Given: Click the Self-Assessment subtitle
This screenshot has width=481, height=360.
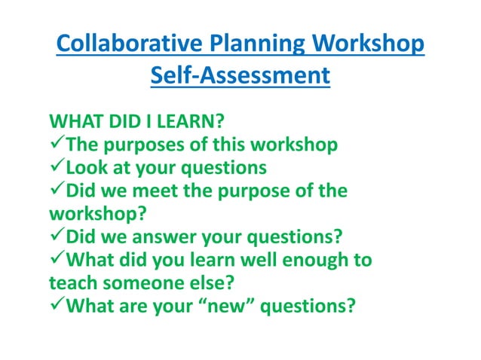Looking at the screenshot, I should click(x=240, y=76).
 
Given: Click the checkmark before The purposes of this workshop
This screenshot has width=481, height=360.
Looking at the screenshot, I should click(x=55, y=144).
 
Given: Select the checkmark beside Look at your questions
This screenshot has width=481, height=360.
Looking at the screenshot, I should click(x=55, y=167).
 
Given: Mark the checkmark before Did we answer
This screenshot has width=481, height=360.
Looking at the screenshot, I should click(x=55, y=238).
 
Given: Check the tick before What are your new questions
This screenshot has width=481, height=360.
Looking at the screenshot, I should click(x=55, y=308).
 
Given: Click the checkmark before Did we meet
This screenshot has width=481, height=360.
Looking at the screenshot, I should click(x=55, y=191).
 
